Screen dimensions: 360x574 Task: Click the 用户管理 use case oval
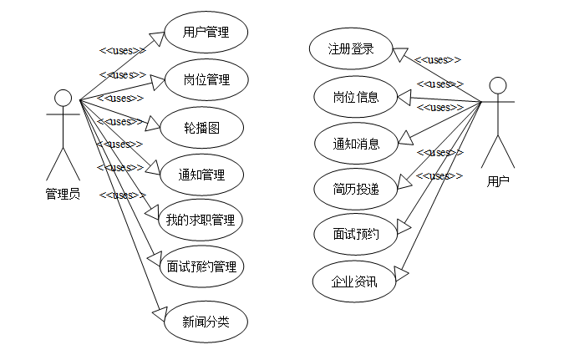[206, 34]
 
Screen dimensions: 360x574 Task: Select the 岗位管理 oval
[206, 81]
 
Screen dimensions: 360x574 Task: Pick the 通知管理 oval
[201, 175]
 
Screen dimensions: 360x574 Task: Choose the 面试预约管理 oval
[201, 267]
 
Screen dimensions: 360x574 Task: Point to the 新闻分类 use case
[206, 320]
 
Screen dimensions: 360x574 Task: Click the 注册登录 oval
[350, 49]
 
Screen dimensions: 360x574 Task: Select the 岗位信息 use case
[356, 97]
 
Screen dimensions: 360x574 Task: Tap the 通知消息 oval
[356, 143]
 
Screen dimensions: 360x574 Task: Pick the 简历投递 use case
[356, 189]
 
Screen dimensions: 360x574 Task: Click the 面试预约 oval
[356, 235]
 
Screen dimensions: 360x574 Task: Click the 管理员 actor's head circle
[63, 99]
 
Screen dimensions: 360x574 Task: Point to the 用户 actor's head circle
[498, 86]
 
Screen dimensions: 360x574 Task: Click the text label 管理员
[63, 193]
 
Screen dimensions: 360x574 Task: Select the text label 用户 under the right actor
[498, 180]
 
